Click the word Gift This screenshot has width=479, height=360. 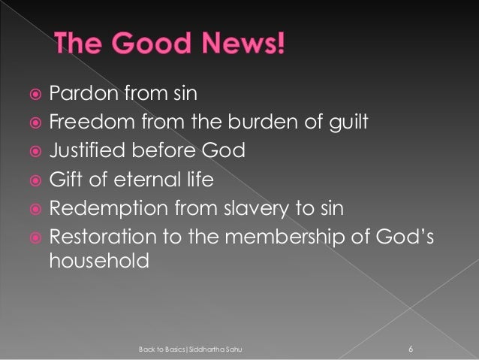click(x=65, y=180)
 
